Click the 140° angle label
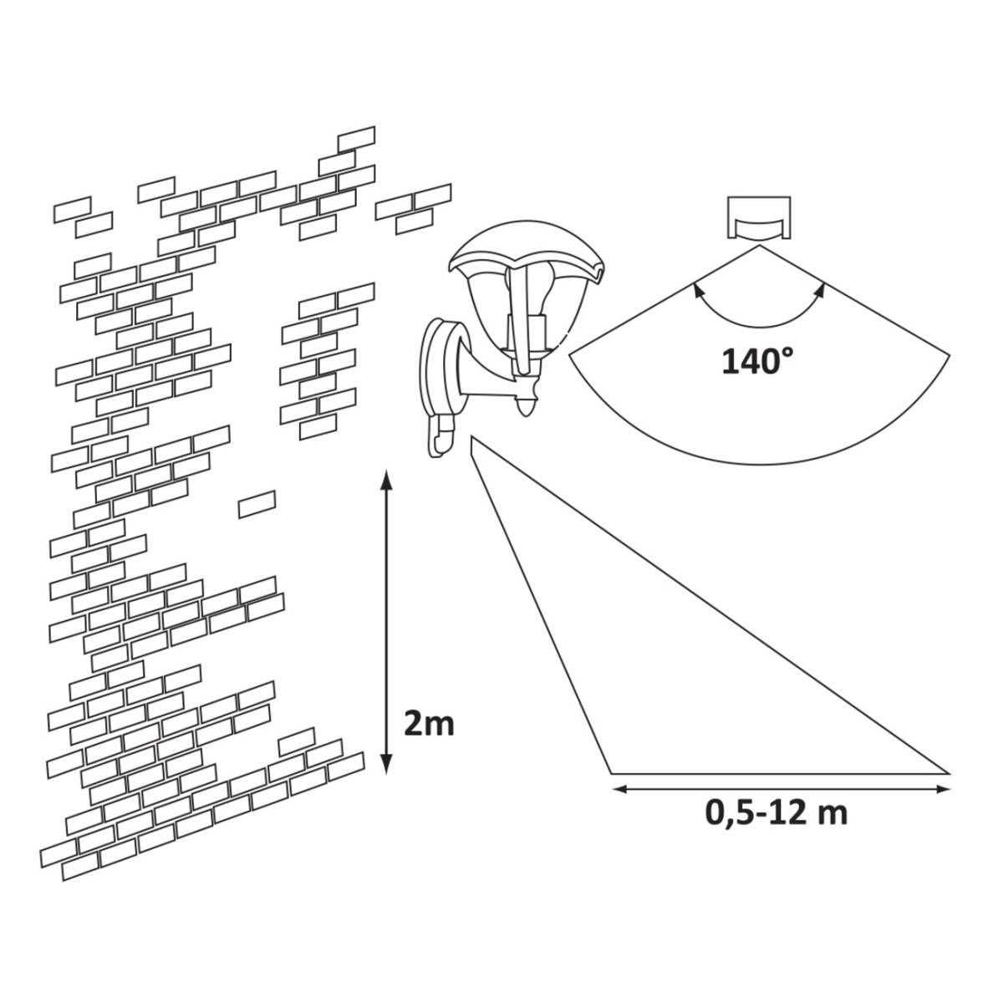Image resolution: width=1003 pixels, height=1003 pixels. [x=757, y=361]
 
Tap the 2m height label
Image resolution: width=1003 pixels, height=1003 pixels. [x=429, y=725]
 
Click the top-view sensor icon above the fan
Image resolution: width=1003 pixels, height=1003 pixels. [x=760, y=219]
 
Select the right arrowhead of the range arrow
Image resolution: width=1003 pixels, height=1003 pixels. [x=941, y=790]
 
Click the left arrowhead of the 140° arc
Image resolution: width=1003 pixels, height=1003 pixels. [x=695, y=289]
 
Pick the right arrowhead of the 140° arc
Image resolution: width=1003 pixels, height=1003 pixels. [x=821, y=289]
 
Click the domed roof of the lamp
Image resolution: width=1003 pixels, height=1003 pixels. [x=526, y=250]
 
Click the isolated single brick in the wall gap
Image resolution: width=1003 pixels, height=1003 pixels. [x=257, y=504]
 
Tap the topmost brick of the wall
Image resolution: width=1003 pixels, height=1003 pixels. [x=357, y=139]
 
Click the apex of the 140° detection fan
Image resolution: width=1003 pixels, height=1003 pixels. [x=760, y=247]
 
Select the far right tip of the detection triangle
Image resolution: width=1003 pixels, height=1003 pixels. [x=950, y=773]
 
